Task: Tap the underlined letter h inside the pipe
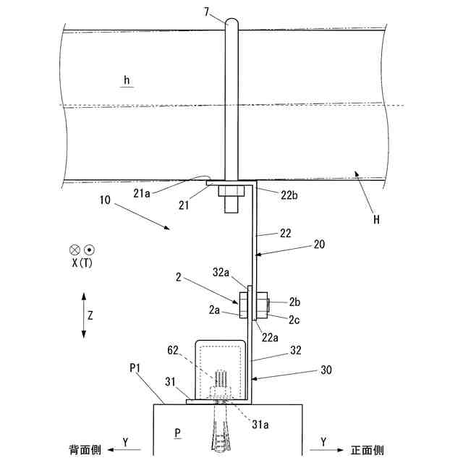(x=126, y=81)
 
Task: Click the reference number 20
(x=318, y=245)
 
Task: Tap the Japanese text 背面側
(x=85, y=449)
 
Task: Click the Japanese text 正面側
(x=368, y=449)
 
